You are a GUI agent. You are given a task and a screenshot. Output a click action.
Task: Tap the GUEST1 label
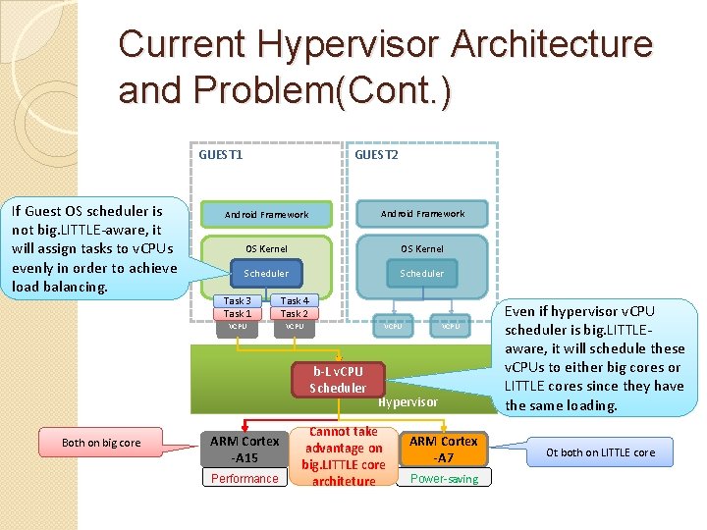coord(221,154)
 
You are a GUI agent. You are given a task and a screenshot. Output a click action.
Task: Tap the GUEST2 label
coord(376,154)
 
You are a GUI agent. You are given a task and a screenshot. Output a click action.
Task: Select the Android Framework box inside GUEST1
coord(266,214)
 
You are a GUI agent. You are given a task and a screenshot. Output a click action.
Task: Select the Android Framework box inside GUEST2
coord(422,213)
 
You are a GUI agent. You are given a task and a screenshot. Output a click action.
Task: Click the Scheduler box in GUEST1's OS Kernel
coord(266,274)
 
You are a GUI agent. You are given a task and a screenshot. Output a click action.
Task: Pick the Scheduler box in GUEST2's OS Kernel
coord(421,274)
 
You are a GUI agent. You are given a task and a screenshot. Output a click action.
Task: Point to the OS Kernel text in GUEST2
coord(422,248)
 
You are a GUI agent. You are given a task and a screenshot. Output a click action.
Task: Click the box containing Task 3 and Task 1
coord(237,307)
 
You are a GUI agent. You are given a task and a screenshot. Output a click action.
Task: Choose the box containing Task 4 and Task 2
coord(295,307)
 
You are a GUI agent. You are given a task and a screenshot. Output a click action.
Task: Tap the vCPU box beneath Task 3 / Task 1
coord(238,327)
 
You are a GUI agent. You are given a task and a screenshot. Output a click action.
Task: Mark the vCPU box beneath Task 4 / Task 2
coord(295,327)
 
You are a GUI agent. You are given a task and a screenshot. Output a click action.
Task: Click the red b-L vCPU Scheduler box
coord(338,380)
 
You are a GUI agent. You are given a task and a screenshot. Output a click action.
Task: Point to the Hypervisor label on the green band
coord(408,402)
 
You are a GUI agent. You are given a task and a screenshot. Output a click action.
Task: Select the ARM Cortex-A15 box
coord(245,450)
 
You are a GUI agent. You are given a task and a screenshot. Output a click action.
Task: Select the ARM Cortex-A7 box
coord(444,450)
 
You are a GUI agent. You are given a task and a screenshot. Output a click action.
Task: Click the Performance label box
coord(245,478)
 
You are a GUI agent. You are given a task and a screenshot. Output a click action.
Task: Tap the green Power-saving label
coord(444,478)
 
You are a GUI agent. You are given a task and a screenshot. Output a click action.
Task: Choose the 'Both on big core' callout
coord(101,443)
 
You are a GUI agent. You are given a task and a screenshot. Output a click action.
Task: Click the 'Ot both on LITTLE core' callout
coord(600,452)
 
